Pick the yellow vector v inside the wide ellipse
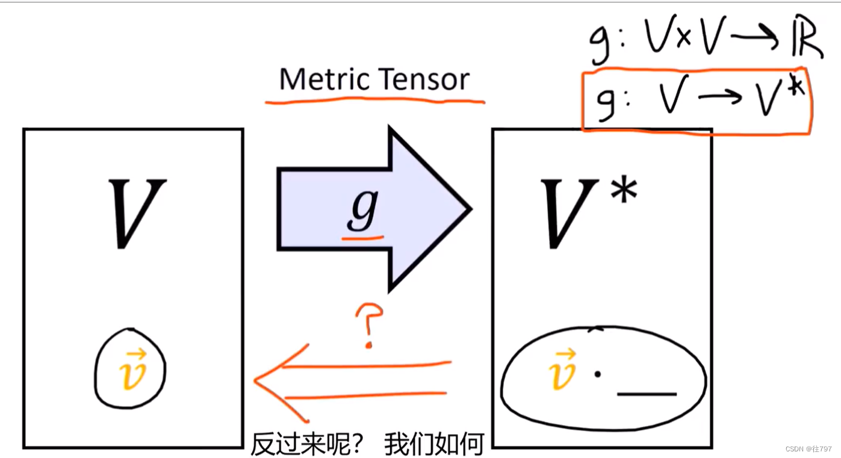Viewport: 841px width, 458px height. click(563, 370)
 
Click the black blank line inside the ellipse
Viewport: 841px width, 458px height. click(647, 395)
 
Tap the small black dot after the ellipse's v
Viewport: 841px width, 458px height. click(597, 374)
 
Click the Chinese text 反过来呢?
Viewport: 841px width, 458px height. click(307, 444)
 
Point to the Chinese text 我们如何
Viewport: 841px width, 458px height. click(434, 444)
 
